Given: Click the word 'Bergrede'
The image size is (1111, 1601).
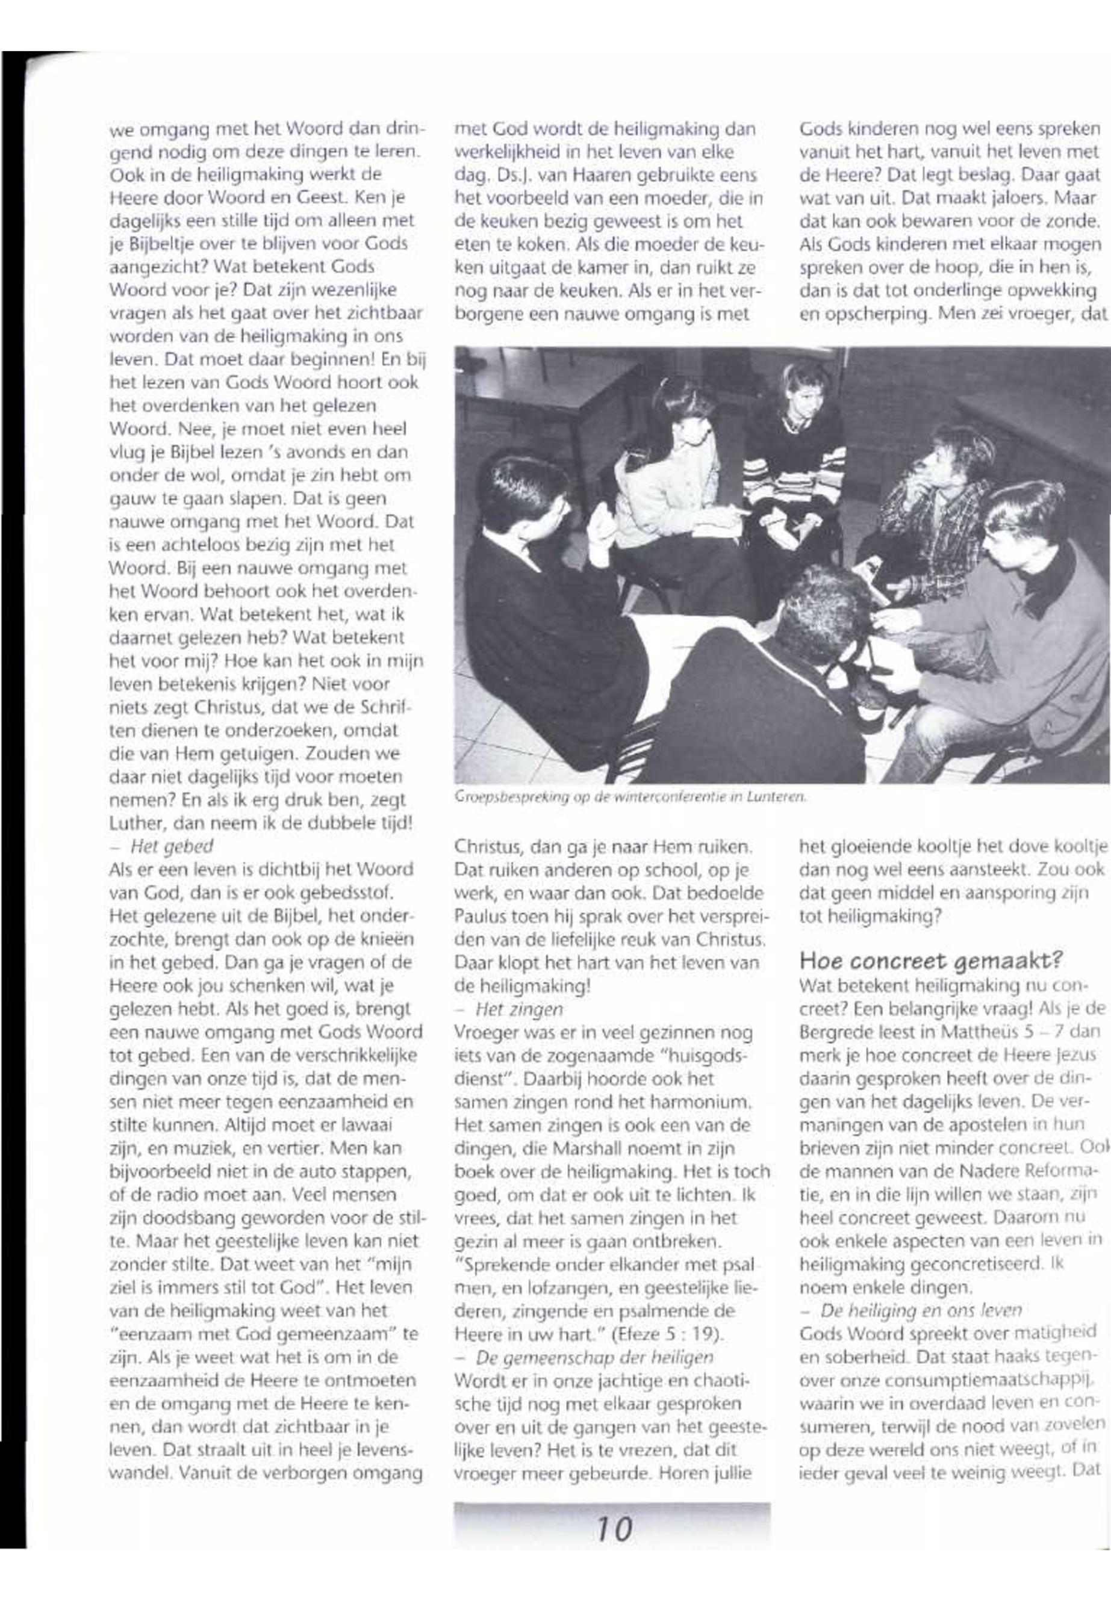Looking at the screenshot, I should (833, 1032).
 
